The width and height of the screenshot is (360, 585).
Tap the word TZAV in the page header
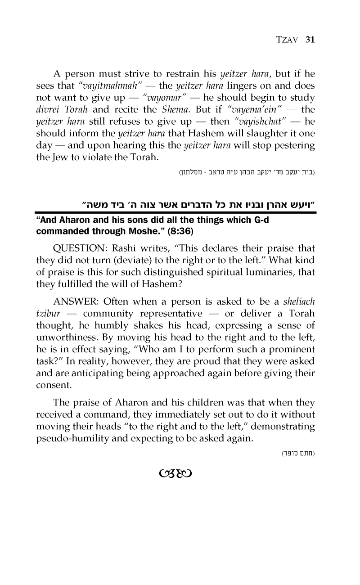click(288, 40)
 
